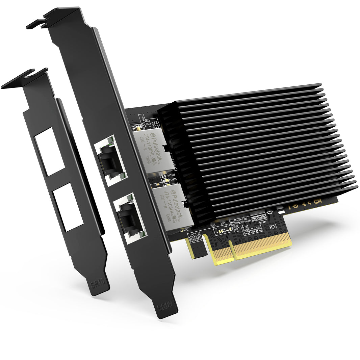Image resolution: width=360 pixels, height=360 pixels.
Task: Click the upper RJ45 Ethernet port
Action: click(110, 161)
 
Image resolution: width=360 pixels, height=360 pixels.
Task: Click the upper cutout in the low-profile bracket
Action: click(49, 151)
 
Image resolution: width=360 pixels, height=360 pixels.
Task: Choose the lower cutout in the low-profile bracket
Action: click(68, 207)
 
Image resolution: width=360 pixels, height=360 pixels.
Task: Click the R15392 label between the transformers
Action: click(172, 176)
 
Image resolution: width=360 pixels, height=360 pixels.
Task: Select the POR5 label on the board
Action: click(213, 225)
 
